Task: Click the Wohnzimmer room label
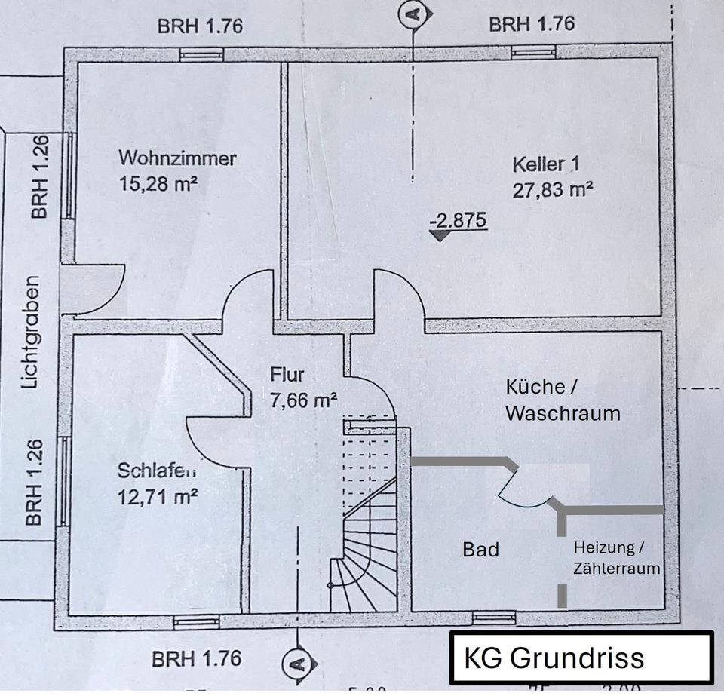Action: (x=177, y=158)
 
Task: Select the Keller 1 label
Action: (x=548, y=164)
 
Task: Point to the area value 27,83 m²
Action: (x=553, y=189)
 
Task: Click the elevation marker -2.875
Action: (x=457, y=222)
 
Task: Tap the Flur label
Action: (x=287, y=375)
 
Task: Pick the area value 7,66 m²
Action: (x=303, y=400)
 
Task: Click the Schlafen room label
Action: (x=157, y=471)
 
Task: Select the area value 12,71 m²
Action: (x=158, y=496)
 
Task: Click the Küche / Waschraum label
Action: (x=563, y=400)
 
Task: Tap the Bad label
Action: (x=480, y=550)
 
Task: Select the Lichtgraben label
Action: (x=30, y=333)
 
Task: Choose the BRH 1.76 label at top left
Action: (x=200, y=26)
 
